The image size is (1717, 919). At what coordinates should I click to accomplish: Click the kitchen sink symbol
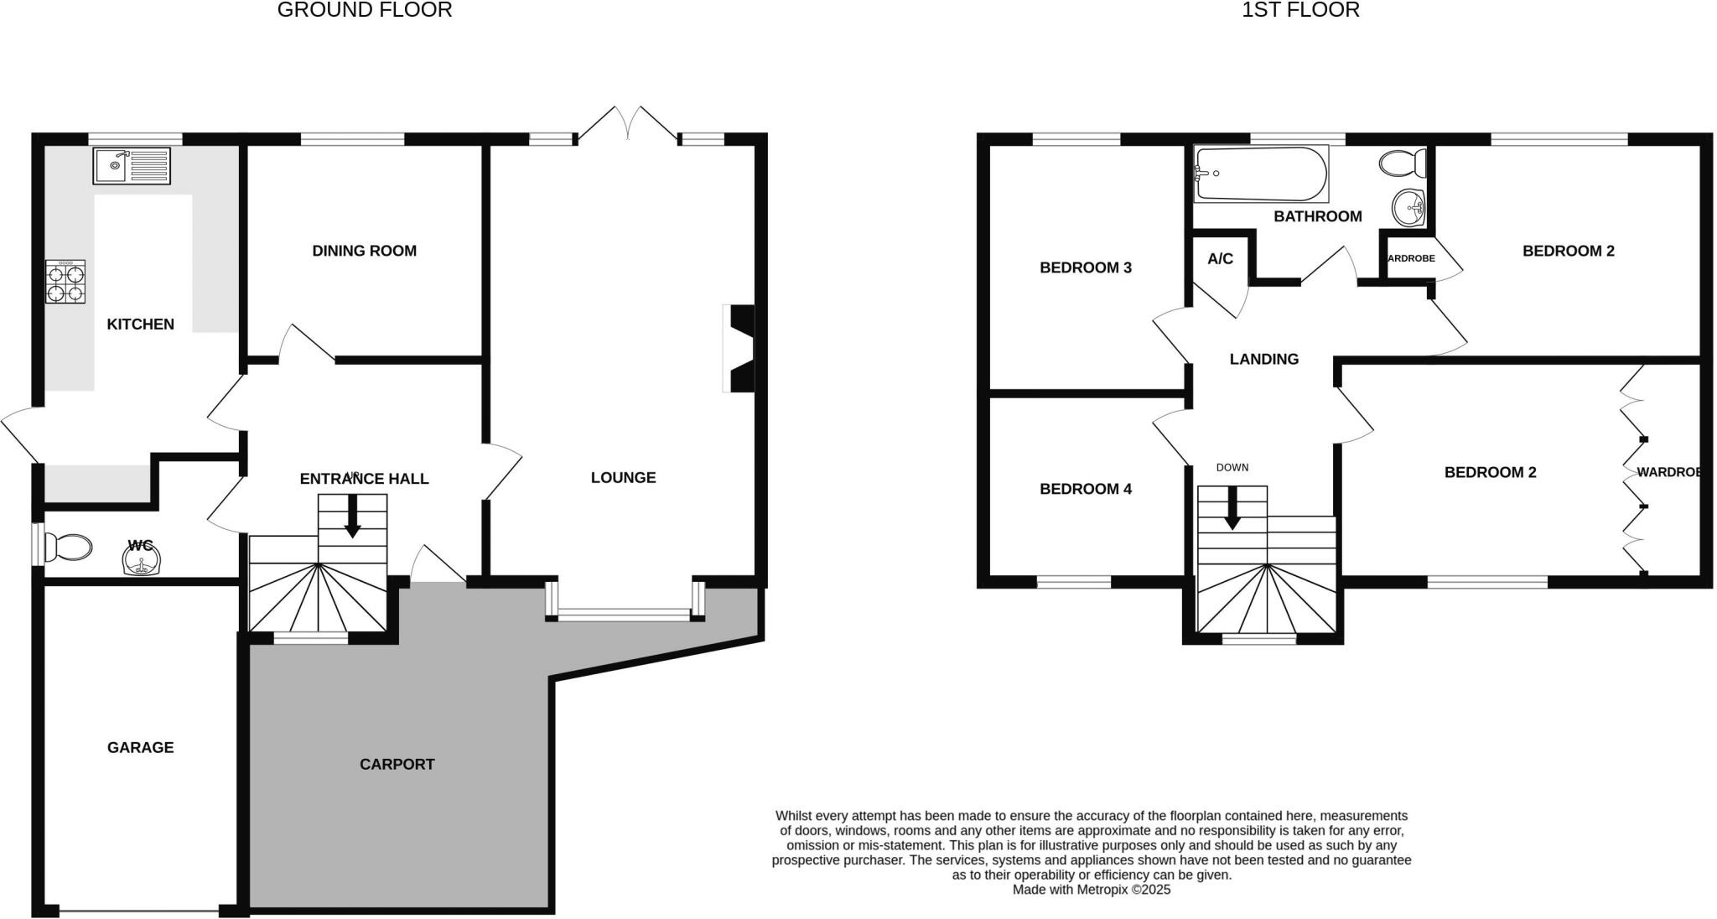pos(132,165)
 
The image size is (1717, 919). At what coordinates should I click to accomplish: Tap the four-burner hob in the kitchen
pos(65,282)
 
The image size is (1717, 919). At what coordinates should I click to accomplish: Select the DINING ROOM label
pos(364,251)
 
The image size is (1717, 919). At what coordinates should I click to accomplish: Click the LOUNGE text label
pos(623,478)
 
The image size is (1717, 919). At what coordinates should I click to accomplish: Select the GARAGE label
pos(140,747)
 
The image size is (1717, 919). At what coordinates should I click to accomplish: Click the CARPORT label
pos(397,764)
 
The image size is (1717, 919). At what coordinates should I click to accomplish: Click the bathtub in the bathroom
pos(1260,174)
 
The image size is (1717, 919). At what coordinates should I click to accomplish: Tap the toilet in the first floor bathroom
pos(1403,164)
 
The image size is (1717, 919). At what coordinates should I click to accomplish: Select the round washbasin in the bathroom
pos(1408,205)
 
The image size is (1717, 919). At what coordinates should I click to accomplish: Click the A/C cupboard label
pos(1220,259)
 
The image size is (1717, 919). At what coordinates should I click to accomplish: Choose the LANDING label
pos(1263,359)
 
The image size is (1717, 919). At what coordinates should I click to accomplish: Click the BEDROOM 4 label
pos(1085,489)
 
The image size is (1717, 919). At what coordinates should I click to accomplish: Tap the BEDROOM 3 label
pos(1085,267)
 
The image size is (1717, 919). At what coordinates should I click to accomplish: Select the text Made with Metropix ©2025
pos(1091,890)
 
